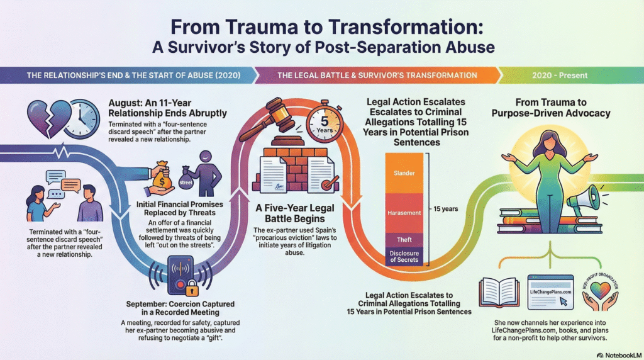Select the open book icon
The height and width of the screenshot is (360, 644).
tap(498, 290)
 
